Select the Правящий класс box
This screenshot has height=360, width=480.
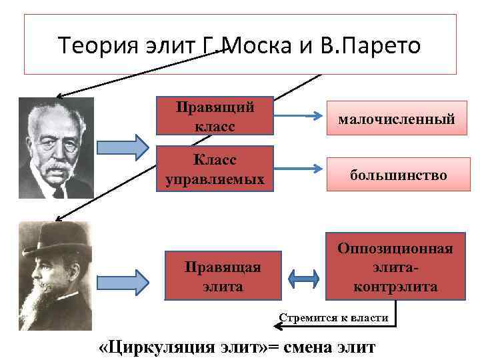click(x=215, y=115)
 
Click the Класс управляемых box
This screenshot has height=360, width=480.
click(x=215, y=169)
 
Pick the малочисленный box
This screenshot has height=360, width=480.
click(x=396, y=119)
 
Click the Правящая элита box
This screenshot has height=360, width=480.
click(x=223, y=276)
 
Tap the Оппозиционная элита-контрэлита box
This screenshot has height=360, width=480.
click(x=395, y=267)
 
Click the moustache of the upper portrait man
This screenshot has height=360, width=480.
click(x=53, y=164)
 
